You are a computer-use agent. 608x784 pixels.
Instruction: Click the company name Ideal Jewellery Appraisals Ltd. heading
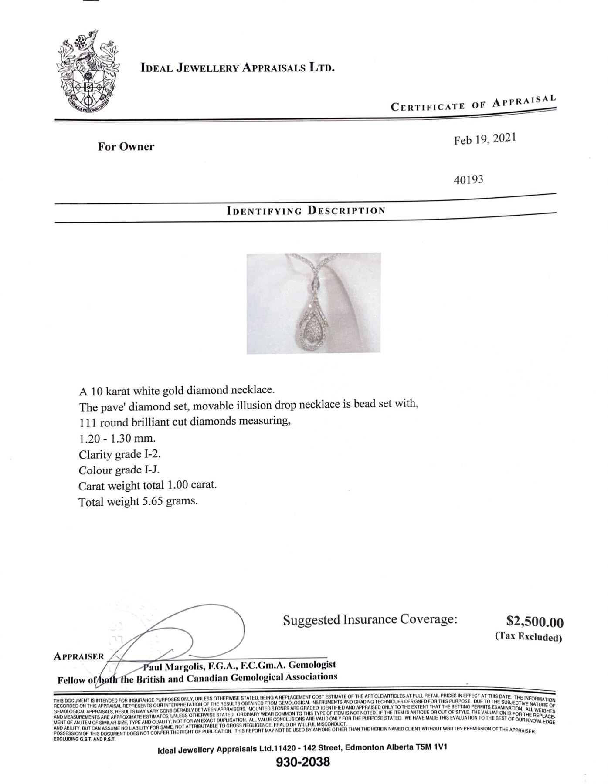[238, 68]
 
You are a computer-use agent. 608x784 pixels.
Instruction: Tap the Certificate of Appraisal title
[473, 104]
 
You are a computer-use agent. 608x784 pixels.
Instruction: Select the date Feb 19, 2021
[485, 140]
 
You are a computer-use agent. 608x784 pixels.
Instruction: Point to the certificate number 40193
[469, 179]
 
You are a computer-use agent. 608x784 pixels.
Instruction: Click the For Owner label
[126, 146]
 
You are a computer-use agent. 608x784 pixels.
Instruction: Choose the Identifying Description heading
[306, 211]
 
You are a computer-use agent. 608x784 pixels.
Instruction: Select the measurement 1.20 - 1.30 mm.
[117, 439]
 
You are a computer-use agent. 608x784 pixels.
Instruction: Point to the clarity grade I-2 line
[120, 454]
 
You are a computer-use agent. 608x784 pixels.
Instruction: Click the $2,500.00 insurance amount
[535, 622]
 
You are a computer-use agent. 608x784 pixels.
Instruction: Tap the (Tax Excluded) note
[528, 637]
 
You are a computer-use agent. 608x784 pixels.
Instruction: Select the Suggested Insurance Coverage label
[370, 619]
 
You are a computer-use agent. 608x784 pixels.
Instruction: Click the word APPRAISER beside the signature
[79, 656]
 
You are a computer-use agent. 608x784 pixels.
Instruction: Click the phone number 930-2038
[303, 762]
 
